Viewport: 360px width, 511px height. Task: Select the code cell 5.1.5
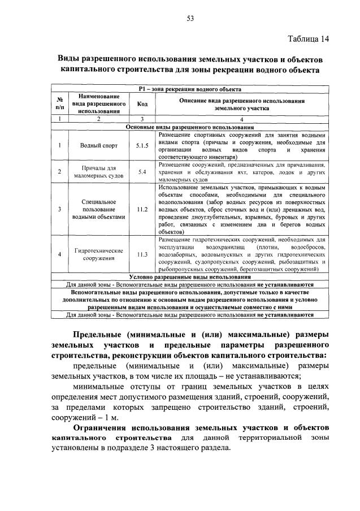pyautogui.click(x=142, y=145)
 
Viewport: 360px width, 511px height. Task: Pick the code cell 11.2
pyautogui.click(x=142, y=209)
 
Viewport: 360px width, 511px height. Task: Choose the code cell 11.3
pyautogui.click(x=142, y=254)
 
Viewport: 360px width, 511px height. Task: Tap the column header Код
pyautogui.click(x=142, y=104)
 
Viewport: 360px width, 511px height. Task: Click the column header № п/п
pyautogui.click(x=59, y=104)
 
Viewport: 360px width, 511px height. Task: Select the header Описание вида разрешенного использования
pyautogui.click(x=242, y=100)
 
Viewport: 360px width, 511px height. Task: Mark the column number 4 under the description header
pyautogui.click(x=242, y=120)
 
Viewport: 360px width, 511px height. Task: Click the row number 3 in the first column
pyautogui.click(x=59, y=209)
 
